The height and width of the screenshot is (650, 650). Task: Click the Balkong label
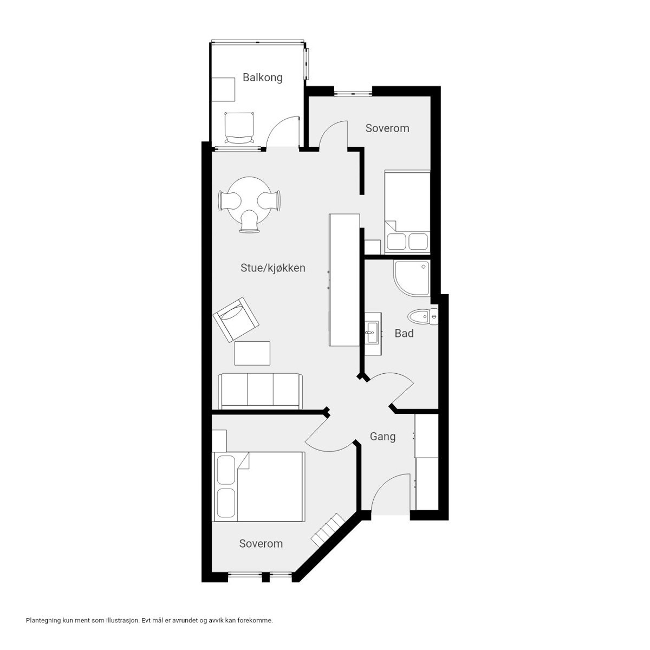click(x=262, y=78)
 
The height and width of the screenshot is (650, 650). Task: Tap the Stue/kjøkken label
click(x=273, y=268)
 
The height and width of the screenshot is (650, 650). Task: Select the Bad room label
click(x=404, y=334)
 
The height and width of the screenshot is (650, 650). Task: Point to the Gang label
click(x=382, y=437)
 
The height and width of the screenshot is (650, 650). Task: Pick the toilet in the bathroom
click(x=422, y=317)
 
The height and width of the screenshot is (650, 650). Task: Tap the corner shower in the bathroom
click(x=412, y=278)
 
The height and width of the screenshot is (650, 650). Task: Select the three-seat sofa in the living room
click(x=260, y=391)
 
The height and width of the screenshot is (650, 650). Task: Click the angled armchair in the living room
click(x=236, y=320)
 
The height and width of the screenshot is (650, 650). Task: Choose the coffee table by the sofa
click(x=252, y=353)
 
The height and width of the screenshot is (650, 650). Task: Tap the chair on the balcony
click(x=239, y=128)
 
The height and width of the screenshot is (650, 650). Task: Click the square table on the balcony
click(x=223, y=89)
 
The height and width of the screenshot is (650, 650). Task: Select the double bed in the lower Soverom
click(x=258, y=487)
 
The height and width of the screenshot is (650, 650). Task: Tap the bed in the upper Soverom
click(x=407, y=212)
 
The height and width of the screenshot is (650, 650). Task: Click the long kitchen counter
click(x=344, y=280)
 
